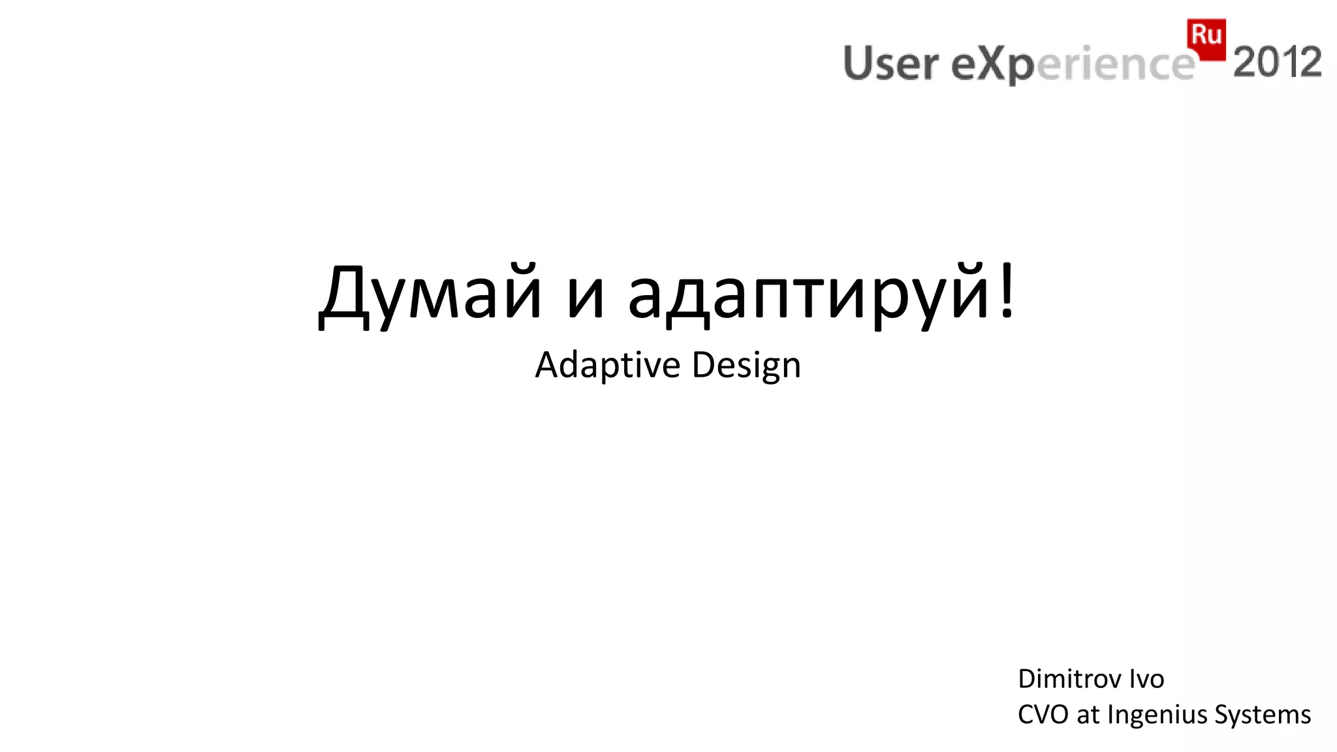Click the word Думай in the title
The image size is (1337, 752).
[430, 292]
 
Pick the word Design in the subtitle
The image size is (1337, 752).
[746, 365]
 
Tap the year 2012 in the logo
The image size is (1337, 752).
[1277, 63]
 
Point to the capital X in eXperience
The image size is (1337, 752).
[989, 64]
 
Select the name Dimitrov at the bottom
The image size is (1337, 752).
[1068, 680]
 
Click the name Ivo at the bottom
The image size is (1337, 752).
[1146, 680]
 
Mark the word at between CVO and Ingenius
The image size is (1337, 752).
[1088, 715]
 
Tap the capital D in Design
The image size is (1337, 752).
[702, 365]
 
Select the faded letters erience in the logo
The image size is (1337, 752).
[1115, 65]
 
